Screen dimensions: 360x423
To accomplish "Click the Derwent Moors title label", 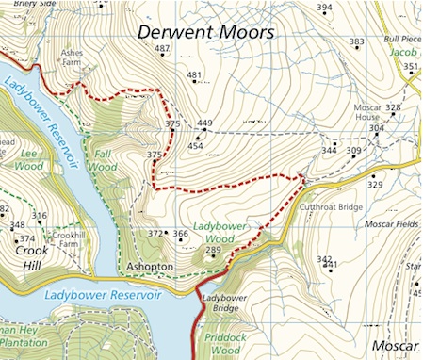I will (205, 32).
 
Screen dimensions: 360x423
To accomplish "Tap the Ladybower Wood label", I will (219, 233).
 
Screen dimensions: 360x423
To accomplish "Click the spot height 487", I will (161, 48).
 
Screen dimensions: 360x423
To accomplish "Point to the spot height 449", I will (204, 123).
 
